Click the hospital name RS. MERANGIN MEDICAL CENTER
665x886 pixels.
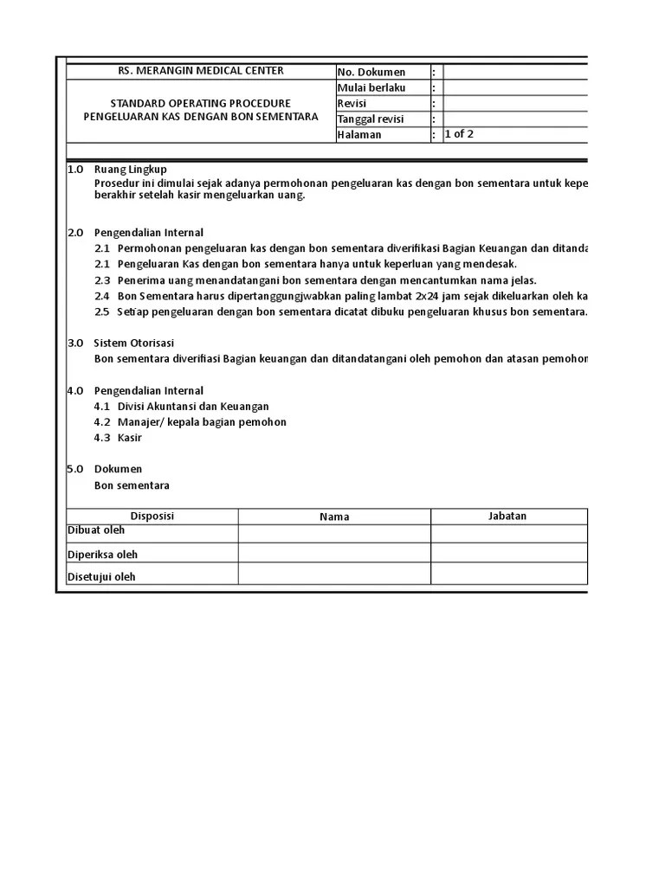coord(200,71)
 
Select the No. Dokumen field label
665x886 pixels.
coord(371,72)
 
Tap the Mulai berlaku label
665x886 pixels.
coord(371,87)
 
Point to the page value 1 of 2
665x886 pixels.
coord(459,134)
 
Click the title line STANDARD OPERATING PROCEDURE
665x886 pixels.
coord(200,103)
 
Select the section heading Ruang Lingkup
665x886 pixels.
coord(130,170)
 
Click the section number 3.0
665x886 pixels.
coord(75,343)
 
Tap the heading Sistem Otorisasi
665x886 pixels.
coord(133,343)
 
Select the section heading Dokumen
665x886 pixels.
coord(118,469)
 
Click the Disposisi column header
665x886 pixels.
coord(152,516)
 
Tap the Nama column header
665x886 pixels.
coord(334,517)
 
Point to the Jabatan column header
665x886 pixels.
coord(507,516)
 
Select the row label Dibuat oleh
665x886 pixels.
coord(96,530)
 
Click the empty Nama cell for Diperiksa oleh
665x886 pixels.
coord(334,554)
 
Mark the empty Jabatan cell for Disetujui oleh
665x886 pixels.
coord(509,575)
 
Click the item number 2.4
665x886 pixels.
coord(102,296)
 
